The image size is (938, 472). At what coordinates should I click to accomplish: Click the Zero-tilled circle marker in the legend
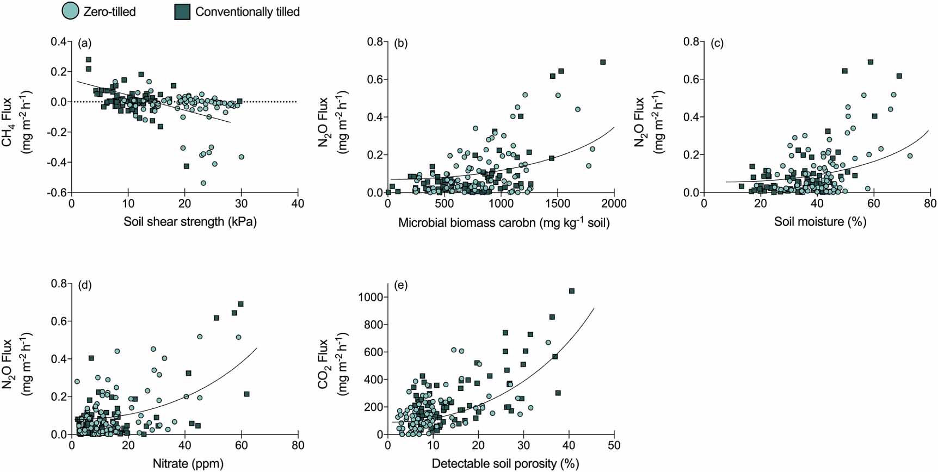[70, 11]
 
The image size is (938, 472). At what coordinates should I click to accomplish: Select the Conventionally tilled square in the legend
[182, 11]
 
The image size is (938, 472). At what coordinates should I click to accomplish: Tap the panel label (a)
[84, 43]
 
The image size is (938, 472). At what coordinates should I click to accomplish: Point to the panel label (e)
[400, 285]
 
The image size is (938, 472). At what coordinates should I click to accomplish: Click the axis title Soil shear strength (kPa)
[190, 222]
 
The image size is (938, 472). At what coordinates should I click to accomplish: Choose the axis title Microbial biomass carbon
[504, 222]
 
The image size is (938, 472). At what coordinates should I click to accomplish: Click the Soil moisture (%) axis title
[820, 222]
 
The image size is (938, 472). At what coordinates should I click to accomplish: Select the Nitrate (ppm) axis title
[188, 464]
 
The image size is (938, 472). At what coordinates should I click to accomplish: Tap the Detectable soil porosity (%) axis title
[505, 464]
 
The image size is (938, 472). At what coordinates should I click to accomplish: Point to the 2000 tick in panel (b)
[614, 204]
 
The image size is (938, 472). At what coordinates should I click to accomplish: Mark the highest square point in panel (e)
[572, 291]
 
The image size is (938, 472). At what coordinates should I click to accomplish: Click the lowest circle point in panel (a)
[203, 183]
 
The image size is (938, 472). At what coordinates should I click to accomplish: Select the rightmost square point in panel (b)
[603, 63]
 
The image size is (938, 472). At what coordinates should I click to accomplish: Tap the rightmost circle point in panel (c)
[910, 156]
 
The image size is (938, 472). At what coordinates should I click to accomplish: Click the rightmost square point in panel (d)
[247, 394]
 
